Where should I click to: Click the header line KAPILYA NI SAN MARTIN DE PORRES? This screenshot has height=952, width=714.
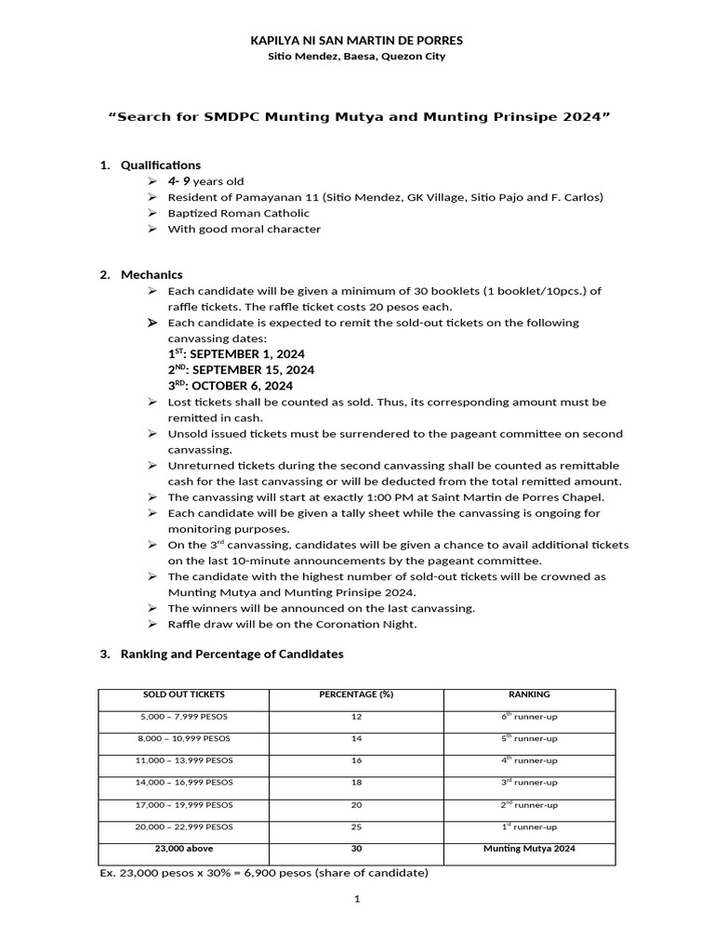click(x=357, y=41)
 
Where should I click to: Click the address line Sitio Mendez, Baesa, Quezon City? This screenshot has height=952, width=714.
click(x=357, y=57)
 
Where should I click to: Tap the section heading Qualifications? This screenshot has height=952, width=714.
click(x=161, y=165)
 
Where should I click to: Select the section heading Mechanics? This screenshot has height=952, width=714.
click(x=152, y=275)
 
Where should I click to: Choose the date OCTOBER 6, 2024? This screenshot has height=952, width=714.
click(x=242, y=386)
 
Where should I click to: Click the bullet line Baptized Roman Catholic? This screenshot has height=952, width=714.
click(x=238, y=213)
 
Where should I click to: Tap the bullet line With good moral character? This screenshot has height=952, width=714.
click(x=244, y=229)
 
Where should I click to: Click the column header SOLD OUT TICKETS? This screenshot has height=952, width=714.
click(x=183, y=694)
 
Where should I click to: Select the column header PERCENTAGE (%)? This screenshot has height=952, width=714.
click(x=356, y=694)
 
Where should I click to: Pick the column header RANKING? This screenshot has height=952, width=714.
click(x=529, y=694)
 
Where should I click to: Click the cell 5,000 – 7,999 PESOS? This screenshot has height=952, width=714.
click(x=183, y=717)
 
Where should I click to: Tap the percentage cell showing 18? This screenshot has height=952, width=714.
click(x=356, y=783)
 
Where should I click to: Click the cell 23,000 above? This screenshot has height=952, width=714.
click(x=183, y=848)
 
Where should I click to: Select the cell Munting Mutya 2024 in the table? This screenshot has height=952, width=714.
click(x=529, y=848)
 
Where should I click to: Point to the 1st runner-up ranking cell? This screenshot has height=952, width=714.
click(x=529, y=826)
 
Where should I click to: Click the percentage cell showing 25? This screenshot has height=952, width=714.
click(x=356, y=826)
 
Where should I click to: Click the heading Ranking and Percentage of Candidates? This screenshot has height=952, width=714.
click(x=231, y=654)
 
